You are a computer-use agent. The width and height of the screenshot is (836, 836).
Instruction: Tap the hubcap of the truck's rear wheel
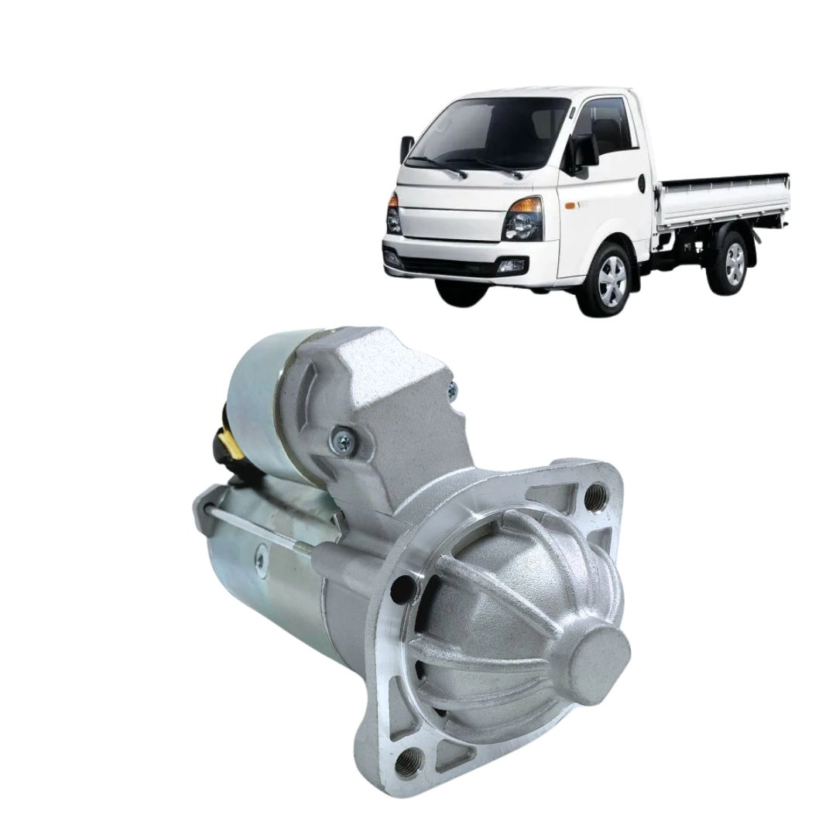733,263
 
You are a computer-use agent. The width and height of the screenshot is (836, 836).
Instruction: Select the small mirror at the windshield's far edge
406,150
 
